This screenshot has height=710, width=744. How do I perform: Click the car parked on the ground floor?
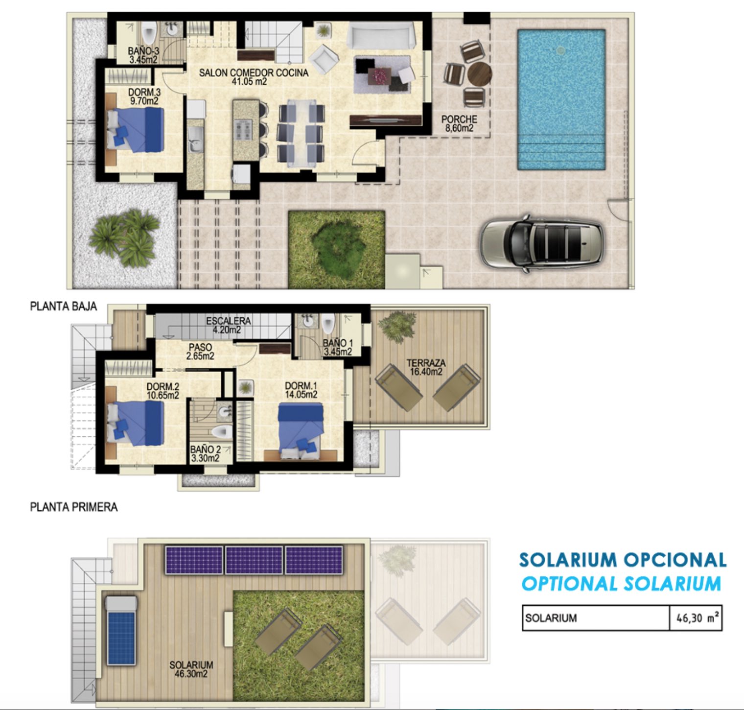tap(542, 242)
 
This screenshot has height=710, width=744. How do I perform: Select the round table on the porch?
tap(479, 74)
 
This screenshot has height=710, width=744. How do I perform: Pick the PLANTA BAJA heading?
tap(64, 307)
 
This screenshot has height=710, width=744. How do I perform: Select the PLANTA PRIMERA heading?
tap(74, 507)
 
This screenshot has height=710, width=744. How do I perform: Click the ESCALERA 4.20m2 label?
tap(228, 325)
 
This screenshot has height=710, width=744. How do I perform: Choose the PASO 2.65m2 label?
tap(200, 352)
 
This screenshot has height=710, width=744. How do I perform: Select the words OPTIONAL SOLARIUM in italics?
tap(621, 584)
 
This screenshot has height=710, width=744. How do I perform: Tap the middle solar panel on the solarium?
tap(254, 559)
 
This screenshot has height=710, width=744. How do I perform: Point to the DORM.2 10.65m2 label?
tap(163, 391)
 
